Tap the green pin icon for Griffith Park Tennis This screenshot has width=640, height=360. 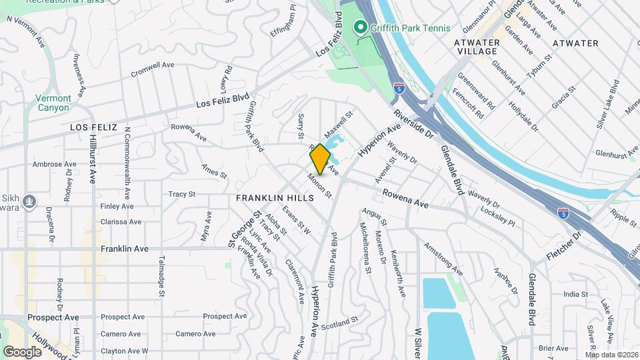(x=361, y=28)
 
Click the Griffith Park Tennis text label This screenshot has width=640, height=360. (x=411, y=28)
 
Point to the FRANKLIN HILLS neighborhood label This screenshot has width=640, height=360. (x=275, y=199)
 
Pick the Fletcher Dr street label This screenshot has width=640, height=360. (x=564, y=245)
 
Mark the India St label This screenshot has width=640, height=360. (x=575, y=294)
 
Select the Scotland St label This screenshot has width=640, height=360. (x=339, y=323)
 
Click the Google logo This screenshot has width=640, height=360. (x=22, y=351)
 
